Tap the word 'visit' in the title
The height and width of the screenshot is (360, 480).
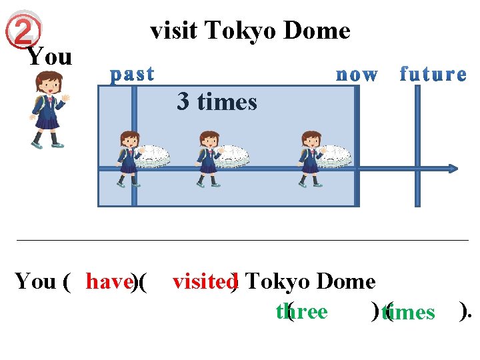click(175, 31)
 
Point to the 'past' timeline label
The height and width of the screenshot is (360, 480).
click(133, 74)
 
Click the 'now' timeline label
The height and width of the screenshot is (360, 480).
click(357, 75)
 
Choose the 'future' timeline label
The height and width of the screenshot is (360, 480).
click(433, 74)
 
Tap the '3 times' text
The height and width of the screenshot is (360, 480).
click(217, 102)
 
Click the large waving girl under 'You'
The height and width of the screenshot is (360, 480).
click(47, 110)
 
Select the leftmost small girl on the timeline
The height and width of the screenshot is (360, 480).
click(128, 159)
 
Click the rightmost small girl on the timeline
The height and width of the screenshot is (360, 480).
click(311, 159)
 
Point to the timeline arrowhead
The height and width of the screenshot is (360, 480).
click(453, 169)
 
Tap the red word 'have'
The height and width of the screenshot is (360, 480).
click(109, 282)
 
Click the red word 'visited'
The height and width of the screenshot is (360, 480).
click(203, 282)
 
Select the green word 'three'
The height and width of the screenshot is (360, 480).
click(301, 312)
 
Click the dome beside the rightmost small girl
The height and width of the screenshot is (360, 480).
click(333, 155)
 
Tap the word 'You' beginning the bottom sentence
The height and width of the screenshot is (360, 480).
click(35, 282)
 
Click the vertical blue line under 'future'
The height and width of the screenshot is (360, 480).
click(417, 147)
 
